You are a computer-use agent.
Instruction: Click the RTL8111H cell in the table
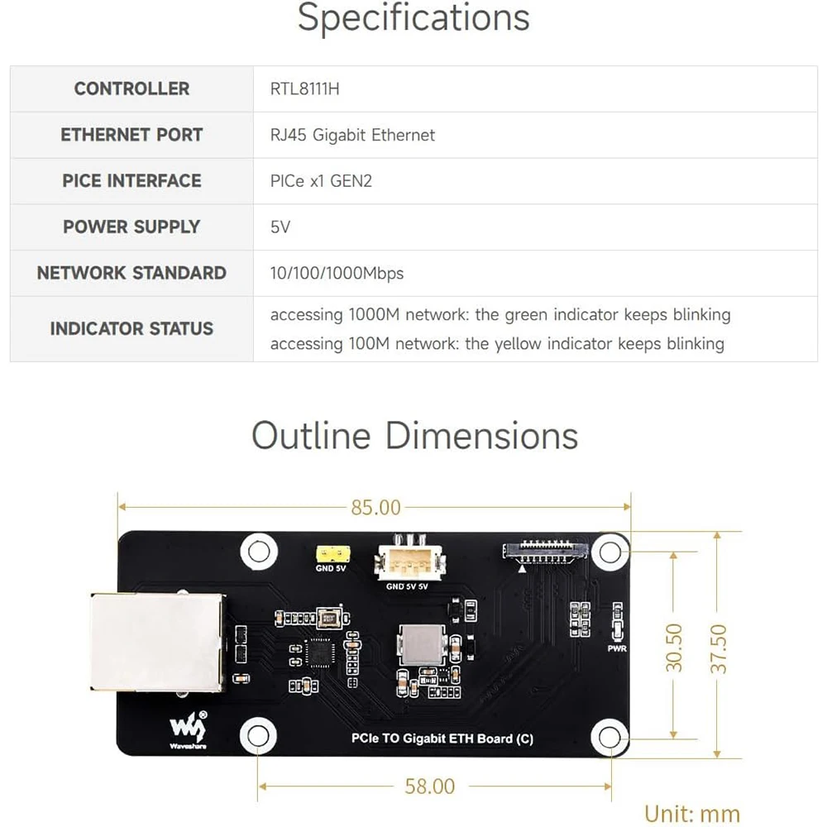[x=304, y=88]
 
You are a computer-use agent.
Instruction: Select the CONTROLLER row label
[x=131, y=88]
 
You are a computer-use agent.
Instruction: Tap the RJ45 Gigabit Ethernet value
[x=352, y=135]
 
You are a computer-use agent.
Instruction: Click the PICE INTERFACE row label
[x=131, y=180]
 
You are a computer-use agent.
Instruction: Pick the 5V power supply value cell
[x=280, y=227]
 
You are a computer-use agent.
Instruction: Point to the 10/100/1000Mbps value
[x=337, y=273]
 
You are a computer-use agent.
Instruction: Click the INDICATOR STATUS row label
[x=131, y=328]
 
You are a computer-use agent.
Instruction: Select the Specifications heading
[x=413, y=18]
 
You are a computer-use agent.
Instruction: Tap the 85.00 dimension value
[x=375, y=507]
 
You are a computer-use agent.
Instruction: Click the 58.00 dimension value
[x=430, y=786]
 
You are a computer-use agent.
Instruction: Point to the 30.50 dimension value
[x=675, y=647]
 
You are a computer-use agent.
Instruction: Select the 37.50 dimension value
[x=719, y=648]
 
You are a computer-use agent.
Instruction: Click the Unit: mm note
[x=692, y=813]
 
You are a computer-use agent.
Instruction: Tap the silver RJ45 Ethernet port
[x=155, y=643]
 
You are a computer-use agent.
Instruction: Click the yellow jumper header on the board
[x=330, y=552]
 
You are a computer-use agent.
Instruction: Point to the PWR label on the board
[x=617, y=648]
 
